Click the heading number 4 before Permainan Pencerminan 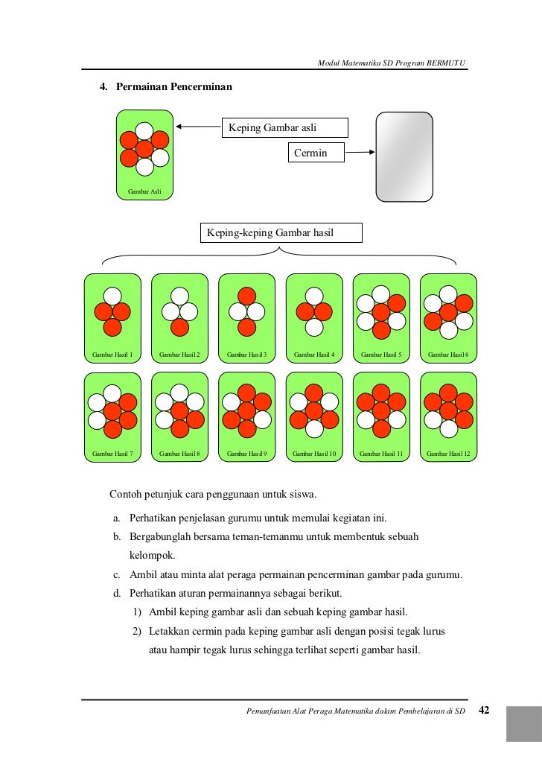(x=103, y=88)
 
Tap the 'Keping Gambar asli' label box (x=284, y=127)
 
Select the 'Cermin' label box (x=316, y=153)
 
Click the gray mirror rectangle (x=404, y=156)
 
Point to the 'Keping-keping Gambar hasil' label (x=281, y=233)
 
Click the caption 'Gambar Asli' (x=145, y=191)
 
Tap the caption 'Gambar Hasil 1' (x=112, y=354)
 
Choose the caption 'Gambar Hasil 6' (x=448, y=354)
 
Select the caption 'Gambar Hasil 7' (x=112, y=453)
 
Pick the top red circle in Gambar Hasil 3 (x=247, y=296)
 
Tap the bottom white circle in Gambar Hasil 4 (x=314, y=327)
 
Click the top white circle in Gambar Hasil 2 (x=179, y=296)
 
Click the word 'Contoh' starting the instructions (x=126, y=494)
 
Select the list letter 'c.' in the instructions (x=117, y=574)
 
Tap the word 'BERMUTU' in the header (x=447, y=63)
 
